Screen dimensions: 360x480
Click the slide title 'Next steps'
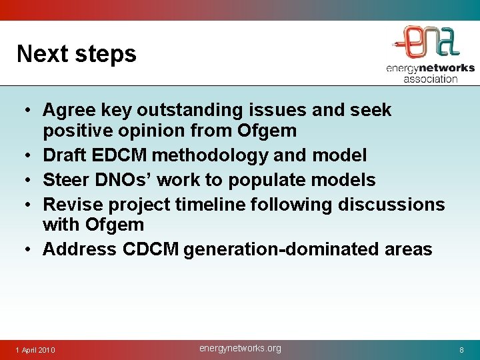click(x=76, y=54)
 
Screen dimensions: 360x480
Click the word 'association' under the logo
click(x=430, y=79)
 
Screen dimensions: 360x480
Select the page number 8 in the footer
click(x=461, y=350)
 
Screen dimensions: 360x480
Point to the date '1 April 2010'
click(x=36, y=350)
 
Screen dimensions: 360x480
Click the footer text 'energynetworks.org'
click(x=240, y=348)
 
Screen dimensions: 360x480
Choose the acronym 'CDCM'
click(x=151, y=249)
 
